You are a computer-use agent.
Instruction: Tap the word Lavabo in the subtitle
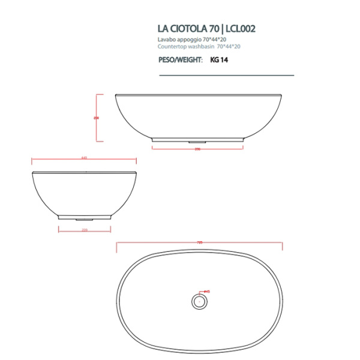click(166, 39)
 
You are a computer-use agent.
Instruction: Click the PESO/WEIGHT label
click(178, 59)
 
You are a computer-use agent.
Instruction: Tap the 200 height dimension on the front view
click(97, 118)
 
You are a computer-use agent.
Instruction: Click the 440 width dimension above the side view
click(83, 158)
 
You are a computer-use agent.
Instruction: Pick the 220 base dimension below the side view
click(85, 230)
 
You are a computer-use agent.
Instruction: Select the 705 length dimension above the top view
click(199, 242)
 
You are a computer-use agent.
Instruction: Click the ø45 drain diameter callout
click(206, 292)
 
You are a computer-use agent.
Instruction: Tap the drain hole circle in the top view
click(197, 299)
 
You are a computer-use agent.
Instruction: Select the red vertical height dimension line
click(101, 118)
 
